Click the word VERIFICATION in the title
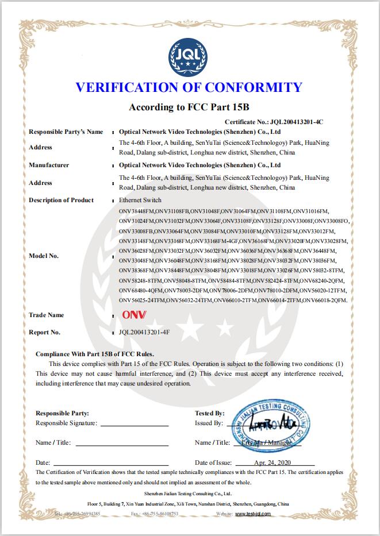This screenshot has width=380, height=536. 126,87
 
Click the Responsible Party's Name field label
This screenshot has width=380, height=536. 66,132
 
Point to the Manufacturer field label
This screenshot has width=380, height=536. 49,165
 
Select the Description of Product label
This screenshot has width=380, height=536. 61,200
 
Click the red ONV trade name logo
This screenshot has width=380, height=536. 135,315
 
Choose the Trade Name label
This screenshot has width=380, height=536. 46,315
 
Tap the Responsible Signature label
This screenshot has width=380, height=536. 66,423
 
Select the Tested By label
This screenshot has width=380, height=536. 209,413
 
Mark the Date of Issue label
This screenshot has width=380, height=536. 213,462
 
